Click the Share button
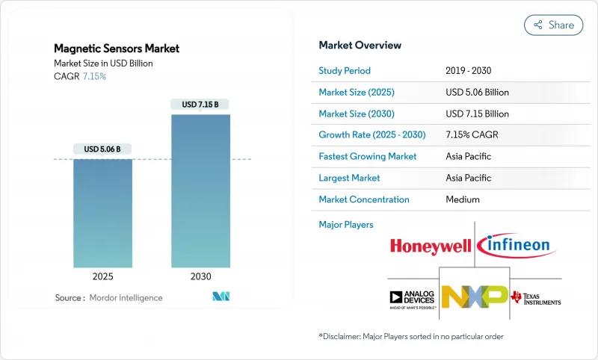[553, 25]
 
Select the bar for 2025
[102, 213]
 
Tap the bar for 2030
[200, 190]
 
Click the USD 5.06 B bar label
[102, 149]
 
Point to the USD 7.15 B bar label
[200, 105]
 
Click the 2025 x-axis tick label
[102, 276]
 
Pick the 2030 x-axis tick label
[200, 276]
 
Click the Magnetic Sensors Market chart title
[117, 49]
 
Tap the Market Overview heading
[360, 46]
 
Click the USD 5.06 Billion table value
[477, 93]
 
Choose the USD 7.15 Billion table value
[477, 114]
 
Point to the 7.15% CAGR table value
[473, 135]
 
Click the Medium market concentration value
[463, 199]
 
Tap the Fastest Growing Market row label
[367, 157]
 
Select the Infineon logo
[514, 245]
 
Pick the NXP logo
[473, 297]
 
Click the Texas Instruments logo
[535, 298]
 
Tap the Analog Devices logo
[411, 299]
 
